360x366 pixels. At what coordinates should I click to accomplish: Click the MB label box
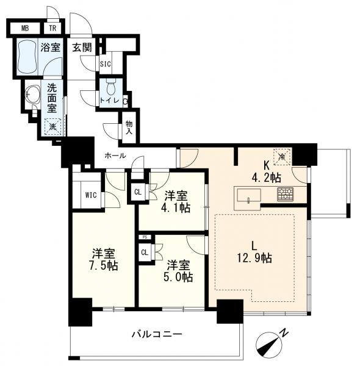pos(25,29)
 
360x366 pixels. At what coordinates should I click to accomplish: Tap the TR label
pos(52,28)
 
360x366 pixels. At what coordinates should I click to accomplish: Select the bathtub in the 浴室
pos(27,56)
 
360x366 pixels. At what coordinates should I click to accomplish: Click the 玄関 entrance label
pos(82,48)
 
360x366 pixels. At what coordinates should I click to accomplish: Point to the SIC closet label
pos(106,63)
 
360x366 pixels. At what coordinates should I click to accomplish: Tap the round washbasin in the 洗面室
pos(33,95)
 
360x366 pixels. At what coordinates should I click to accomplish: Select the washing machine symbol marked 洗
pos(52,127)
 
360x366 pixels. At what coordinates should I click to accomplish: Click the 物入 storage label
pos(129,127)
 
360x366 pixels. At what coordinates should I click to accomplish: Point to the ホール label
pos(115,156)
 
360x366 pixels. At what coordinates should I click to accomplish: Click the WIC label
pos(91,195)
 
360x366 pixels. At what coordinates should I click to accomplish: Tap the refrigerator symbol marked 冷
pos(282,157)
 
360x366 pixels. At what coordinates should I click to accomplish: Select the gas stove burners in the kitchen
pos(286,194)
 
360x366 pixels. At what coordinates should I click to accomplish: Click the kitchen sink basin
pos(249,195)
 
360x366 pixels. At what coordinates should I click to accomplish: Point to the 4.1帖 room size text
pos(176,207)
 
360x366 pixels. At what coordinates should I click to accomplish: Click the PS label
pos(145,237)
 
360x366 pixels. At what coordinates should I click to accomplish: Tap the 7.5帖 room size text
pos(104,265)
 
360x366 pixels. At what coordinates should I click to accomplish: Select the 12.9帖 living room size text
pos(254,259)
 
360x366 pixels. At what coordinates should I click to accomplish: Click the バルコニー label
pos(157,334)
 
